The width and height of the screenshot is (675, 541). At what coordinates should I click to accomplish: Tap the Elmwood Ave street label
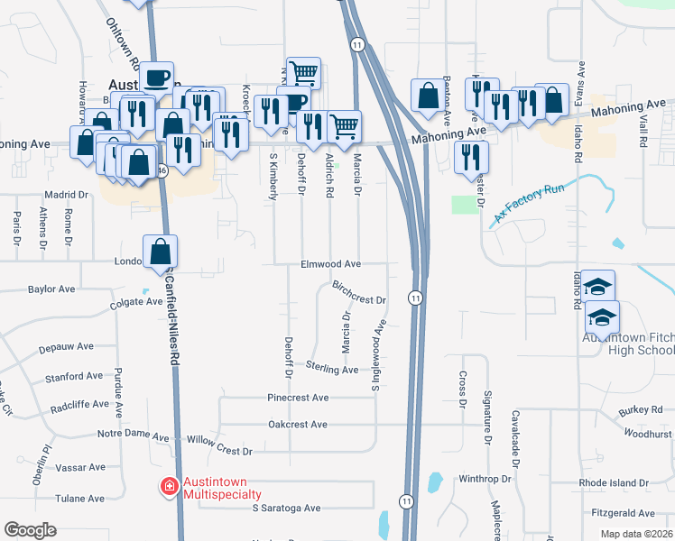[x=331, y=264]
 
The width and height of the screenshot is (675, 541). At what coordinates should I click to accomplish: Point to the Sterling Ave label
[x=332, y=369]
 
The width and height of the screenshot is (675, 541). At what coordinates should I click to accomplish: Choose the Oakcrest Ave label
[x=298, y=424]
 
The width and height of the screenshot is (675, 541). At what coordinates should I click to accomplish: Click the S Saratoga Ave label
[x=286, y=509]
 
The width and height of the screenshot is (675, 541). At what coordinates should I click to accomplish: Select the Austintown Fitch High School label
[x=628, y=344]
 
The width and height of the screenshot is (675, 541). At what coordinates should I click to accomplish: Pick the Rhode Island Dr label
[x=614, y=483]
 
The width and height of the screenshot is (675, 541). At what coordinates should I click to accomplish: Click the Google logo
[x=30, y=529]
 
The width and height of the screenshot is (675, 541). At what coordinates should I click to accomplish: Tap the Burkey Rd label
[x=641, y=410]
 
